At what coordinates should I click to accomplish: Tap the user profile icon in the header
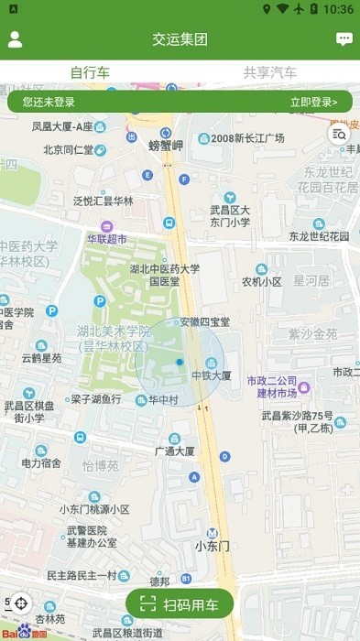point(15,39)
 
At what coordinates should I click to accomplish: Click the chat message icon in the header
point(344,39)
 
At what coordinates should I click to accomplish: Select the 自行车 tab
point(90,72)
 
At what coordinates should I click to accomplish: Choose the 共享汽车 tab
point(269,72)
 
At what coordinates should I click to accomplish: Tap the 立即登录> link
point(313,102)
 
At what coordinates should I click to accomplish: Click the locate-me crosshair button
point(22,603)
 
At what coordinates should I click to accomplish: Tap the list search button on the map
point(339,135)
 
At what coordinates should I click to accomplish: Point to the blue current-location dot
point(180,363)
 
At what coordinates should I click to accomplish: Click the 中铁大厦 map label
point(211,375)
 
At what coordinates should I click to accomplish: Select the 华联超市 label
point(107,238)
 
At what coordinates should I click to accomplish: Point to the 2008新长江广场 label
point(247,138)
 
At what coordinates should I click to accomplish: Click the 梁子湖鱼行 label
point(95,399)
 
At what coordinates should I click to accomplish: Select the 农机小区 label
point(261,281)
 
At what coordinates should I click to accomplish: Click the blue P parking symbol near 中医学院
point(52,311)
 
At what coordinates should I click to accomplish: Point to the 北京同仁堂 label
point(69,149)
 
